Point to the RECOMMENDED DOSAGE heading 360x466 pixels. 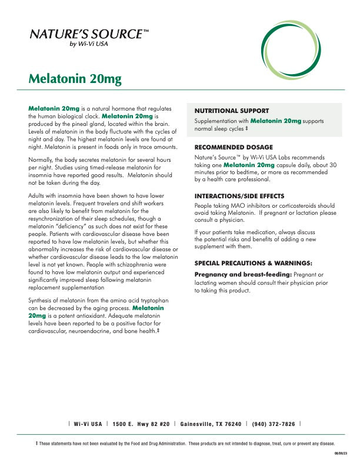(234, 147)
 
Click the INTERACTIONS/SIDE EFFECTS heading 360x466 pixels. (239, 195)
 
